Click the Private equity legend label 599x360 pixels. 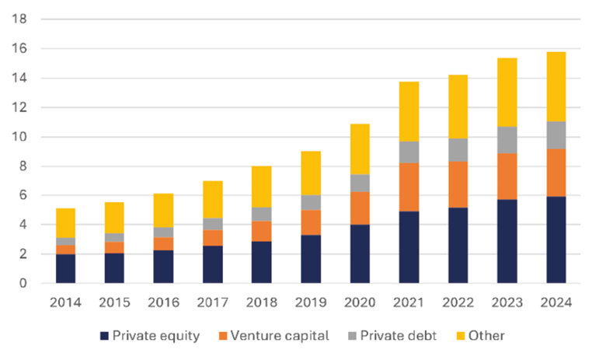click(x=155, y=336)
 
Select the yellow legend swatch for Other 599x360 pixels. click(x=459, y=336)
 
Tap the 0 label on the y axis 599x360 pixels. click(x=23, y=284)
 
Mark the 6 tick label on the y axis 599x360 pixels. click(x=23, y=196)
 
